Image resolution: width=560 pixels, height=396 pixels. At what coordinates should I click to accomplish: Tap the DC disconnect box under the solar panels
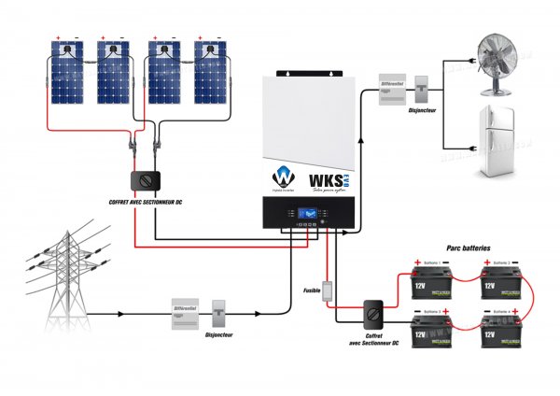coord(145,178)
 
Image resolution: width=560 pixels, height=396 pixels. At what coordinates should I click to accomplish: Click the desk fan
coord(492,61)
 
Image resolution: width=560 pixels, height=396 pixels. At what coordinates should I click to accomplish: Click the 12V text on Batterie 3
coord(422,333)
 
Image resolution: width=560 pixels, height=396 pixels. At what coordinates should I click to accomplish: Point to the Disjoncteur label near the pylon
coord(218,333)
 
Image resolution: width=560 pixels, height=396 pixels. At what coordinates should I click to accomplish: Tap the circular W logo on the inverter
coord(282,177)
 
